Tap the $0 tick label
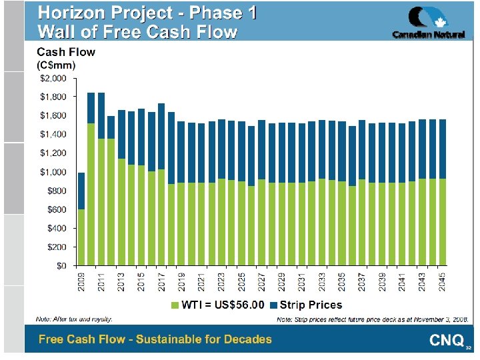click(60, 265)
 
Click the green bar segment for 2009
click(81, 237)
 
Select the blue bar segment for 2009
click(81, 191)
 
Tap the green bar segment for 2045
click(443, 222)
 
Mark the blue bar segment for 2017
click(161, 136)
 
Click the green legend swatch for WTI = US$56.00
click(177, 305)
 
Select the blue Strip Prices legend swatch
click(273, 305)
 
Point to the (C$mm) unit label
click(56, 65)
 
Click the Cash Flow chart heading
click(65, 52)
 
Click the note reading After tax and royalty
click(73, 320)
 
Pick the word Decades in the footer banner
click(247, 339)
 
